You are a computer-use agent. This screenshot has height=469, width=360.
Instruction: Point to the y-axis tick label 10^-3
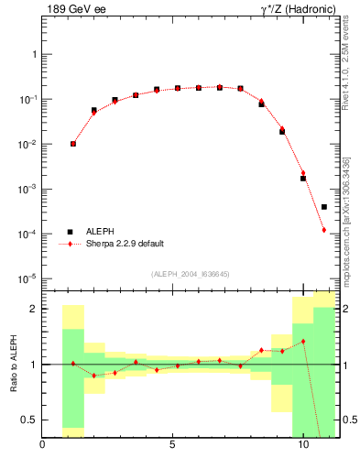click(27, 189)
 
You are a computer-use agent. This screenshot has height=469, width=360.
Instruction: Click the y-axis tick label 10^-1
click(27, 99)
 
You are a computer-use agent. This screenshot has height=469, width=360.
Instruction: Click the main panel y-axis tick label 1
click(34, 54)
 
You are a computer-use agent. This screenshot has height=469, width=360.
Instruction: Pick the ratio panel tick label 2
click(34, 309)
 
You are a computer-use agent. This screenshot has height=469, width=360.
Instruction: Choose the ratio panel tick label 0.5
click(29, 420)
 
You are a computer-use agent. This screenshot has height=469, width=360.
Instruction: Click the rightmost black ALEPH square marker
click(324, 207)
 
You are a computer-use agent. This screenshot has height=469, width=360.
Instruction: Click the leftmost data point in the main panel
click(73, 144)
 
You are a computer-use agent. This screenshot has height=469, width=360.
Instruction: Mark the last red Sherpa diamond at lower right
click(324, 230)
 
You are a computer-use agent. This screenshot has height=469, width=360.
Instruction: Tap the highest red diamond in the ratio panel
click(303, 341)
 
